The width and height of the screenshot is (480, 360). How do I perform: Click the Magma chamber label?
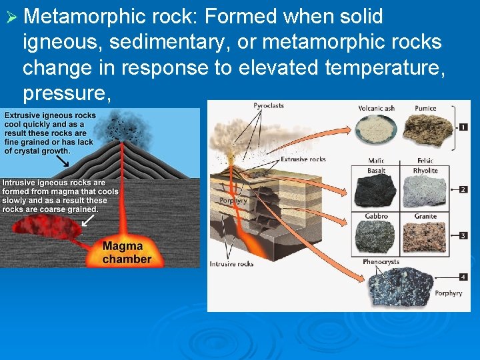click(127, 253)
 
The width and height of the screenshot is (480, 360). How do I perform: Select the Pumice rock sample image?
click(425, 130)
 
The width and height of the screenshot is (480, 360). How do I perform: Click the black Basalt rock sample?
click(376, 191)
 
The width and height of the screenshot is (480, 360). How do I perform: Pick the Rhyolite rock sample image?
click(425, 191)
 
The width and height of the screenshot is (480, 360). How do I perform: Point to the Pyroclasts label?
click(268, 105)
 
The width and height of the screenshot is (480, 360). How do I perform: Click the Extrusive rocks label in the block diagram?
click(303, 159)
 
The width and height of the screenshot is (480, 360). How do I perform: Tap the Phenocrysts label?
click(381, 262)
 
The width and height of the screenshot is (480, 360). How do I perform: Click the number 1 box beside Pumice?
click(463, 127)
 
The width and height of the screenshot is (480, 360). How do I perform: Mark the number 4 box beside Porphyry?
click(463, 276)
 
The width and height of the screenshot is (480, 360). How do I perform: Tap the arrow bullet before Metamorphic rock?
click(11, 17)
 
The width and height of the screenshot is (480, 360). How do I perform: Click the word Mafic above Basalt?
click(376, 161)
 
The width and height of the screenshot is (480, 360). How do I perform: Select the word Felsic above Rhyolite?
click(425, 161)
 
